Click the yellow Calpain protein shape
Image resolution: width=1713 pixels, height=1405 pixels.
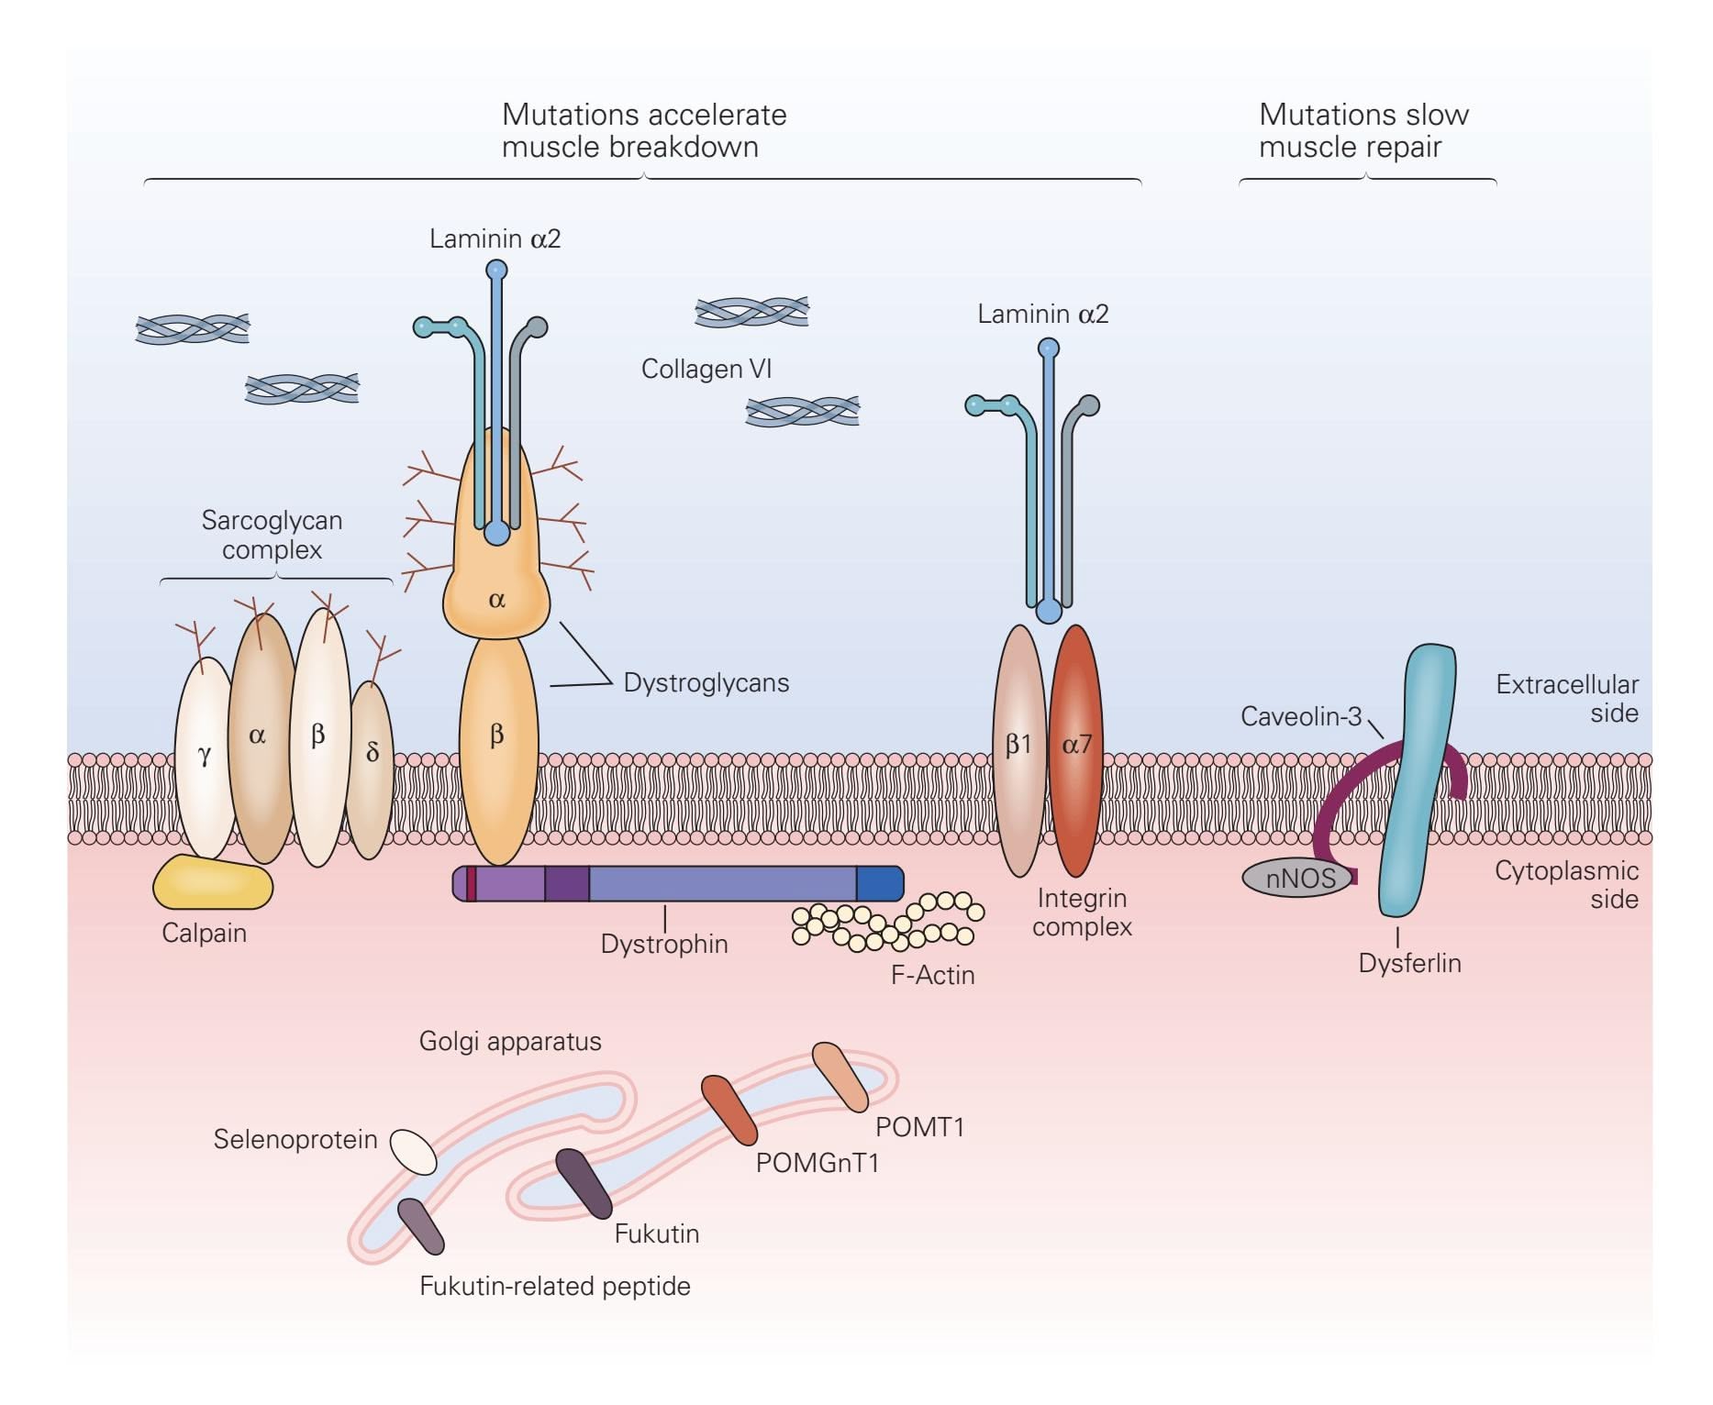[212, 883]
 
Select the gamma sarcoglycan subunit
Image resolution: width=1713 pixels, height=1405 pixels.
[205, 757]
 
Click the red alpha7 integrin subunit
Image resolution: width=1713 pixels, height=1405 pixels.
[1076, 747]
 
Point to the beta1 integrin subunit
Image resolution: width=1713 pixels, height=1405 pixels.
[1018, 747]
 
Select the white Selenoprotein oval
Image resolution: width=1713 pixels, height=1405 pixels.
[413, 1151]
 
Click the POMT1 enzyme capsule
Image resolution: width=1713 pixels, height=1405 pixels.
[840, 1076]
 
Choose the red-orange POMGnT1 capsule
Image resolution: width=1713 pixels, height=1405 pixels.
[729, 1109]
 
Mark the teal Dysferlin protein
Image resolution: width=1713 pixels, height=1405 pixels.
[1418, 780]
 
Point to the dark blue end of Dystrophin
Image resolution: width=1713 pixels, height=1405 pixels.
[879, 883]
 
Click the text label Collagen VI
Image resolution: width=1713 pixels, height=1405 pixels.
[706, 369]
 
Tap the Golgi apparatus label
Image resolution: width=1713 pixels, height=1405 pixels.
[510, 1041]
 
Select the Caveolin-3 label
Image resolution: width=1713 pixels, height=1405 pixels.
[1301, 716]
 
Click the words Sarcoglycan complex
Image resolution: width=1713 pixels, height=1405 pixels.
[272, 535]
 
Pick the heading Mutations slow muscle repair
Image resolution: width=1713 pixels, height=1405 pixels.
[1363, 130]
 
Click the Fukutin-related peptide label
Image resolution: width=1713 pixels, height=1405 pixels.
[554, 1286]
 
